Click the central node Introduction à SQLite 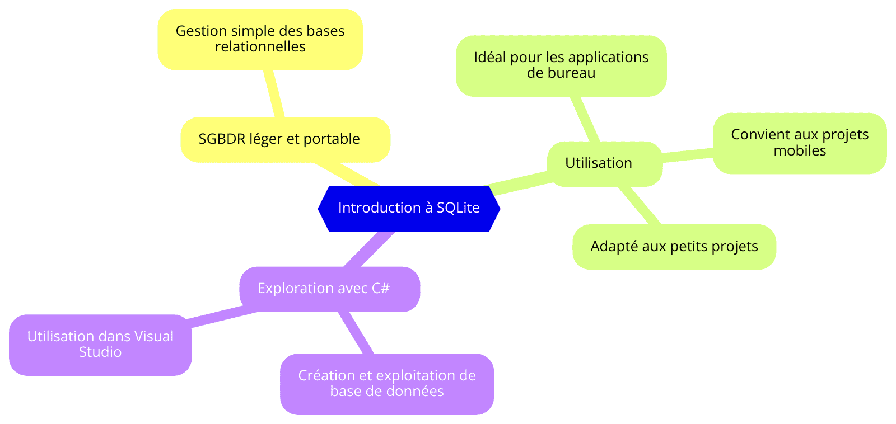pos(409,209)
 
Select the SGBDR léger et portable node pos(285,139)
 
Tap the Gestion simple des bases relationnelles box pos(260,40)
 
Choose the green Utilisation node pos(605,164)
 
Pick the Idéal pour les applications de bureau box pos(561,66)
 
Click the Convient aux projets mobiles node pos(800,143)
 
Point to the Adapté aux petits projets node pos(674,247)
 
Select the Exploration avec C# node pos(330,289)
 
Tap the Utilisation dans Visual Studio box pos(100,345)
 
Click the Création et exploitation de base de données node pos(387,384)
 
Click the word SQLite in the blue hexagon pos(458,208)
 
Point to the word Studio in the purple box pos(100,352)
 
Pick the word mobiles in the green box pos(800,150)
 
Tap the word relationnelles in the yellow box pos(260,47)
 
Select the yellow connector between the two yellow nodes pos(274,93)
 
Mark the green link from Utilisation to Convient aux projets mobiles pos(688,155)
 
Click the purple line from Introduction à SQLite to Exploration pos(369,249)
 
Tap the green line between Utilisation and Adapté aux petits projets pos(639,205)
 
